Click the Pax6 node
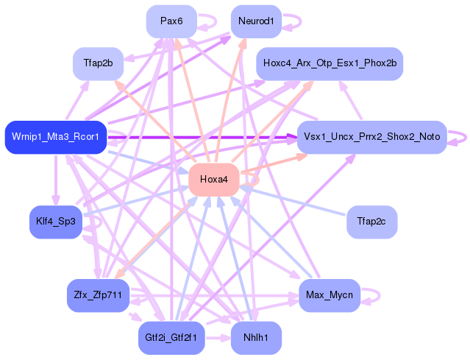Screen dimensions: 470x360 171,21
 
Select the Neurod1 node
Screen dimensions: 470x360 256,21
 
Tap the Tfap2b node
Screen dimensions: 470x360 98,63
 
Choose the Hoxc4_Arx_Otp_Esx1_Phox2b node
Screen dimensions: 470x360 330,63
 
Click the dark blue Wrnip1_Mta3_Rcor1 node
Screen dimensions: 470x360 56,137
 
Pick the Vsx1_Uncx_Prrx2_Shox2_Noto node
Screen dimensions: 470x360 371,137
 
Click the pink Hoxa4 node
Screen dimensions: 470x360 214,180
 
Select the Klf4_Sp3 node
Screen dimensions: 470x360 56,222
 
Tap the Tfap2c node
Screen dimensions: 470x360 371,222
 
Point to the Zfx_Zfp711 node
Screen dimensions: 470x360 98,295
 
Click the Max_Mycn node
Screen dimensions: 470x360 330,295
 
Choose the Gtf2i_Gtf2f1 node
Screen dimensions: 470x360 171,338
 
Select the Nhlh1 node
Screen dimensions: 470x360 256,338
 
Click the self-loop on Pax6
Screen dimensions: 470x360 216,21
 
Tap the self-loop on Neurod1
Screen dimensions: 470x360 301,21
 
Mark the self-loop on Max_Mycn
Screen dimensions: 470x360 380,295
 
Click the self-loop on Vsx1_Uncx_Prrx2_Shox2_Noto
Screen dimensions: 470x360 466,138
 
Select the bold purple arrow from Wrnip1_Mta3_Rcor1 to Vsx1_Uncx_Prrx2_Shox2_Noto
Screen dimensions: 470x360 202,138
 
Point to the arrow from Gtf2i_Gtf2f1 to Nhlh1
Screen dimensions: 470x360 218,338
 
